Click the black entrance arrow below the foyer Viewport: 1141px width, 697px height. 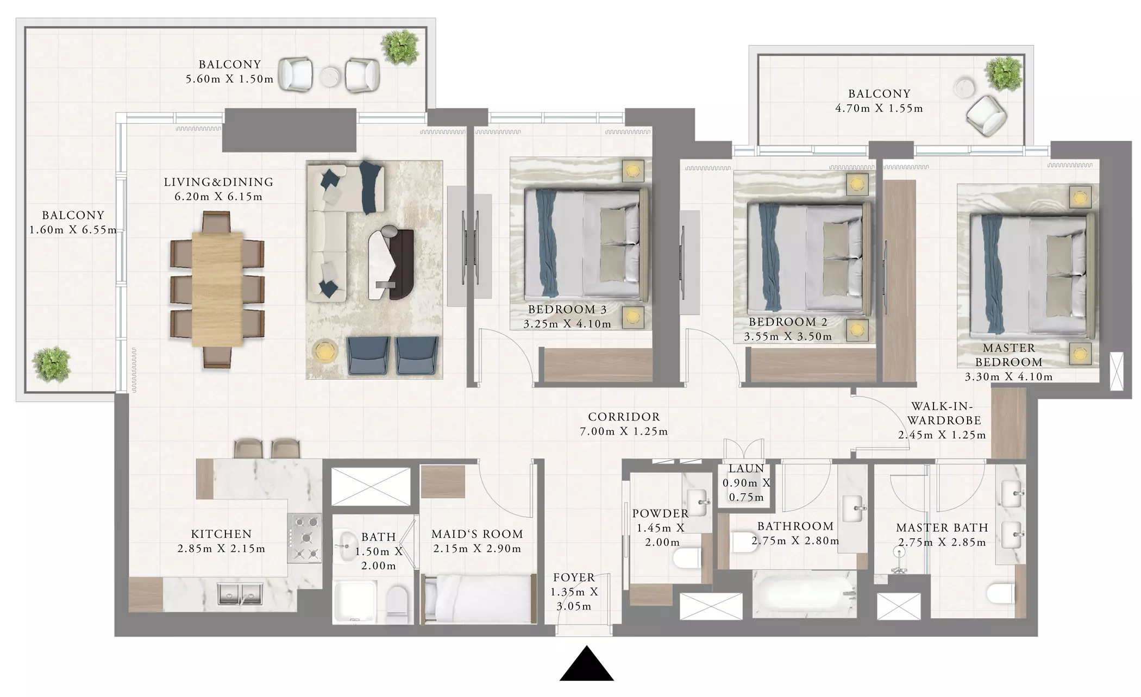tap(586, 663)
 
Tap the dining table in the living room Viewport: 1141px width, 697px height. tap(217, 289)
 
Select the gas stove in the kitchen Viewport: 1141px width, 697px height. tap(305, 538)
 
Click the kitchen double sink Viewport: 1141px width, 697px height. tap(241, 594)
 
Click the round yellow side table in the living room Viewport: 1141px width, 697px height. tap(325, 351)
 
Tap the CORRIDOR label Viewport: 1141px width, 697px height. tap(624, 417)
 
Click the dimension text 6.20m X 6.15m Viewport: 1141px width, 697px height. tap(218, 197)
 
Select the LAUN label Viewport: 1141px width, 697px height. tap(746, 468)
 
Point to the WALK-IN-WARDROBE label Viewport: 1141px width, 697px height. tap(944, 413)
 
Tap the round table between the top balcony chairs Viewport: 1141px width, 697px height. tap(329, 77)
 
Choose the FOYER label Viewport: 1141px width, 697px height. tap(574, 577)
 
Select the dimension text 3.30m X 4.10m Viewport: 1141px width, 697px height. tap(1008, 376)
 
